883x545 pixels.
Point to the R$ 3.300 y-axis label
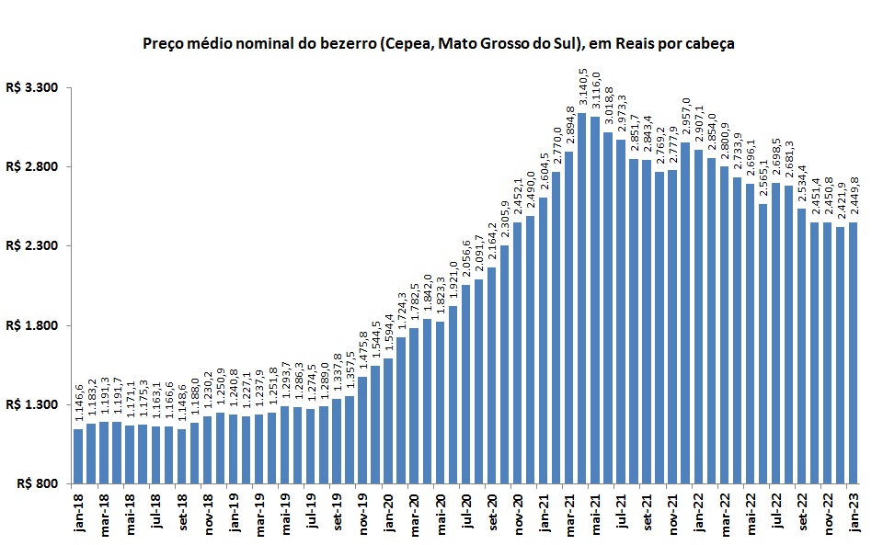[32, 88]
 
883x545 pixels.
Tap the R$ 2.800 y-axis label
[32, 167]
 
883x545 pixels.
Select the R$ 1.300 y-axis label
[32, 404]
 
